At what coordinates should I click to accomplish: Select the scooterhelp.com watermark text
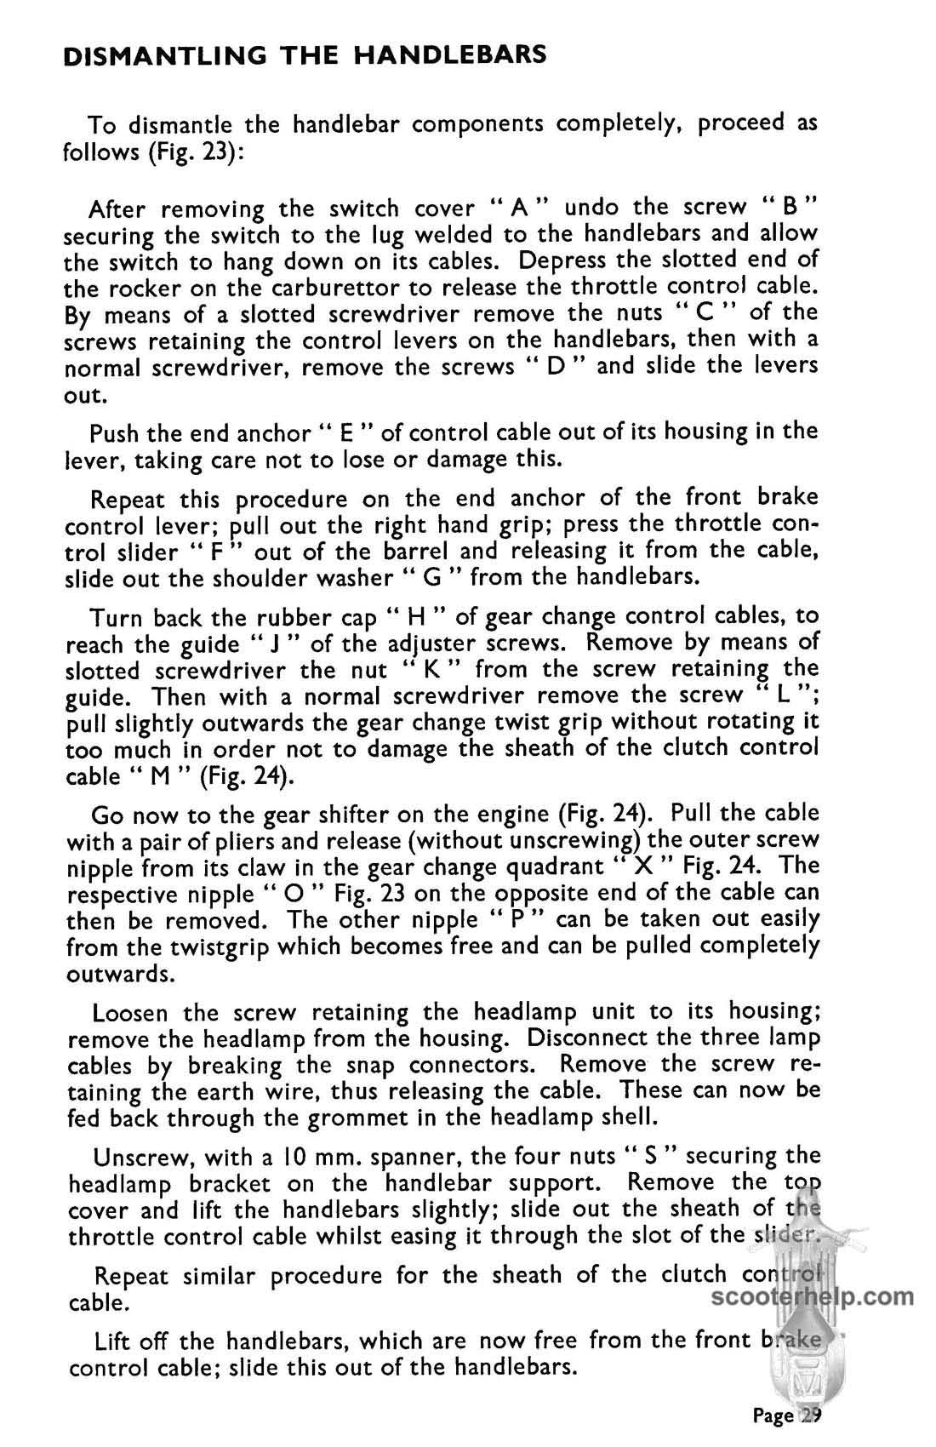[811, 1299]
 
